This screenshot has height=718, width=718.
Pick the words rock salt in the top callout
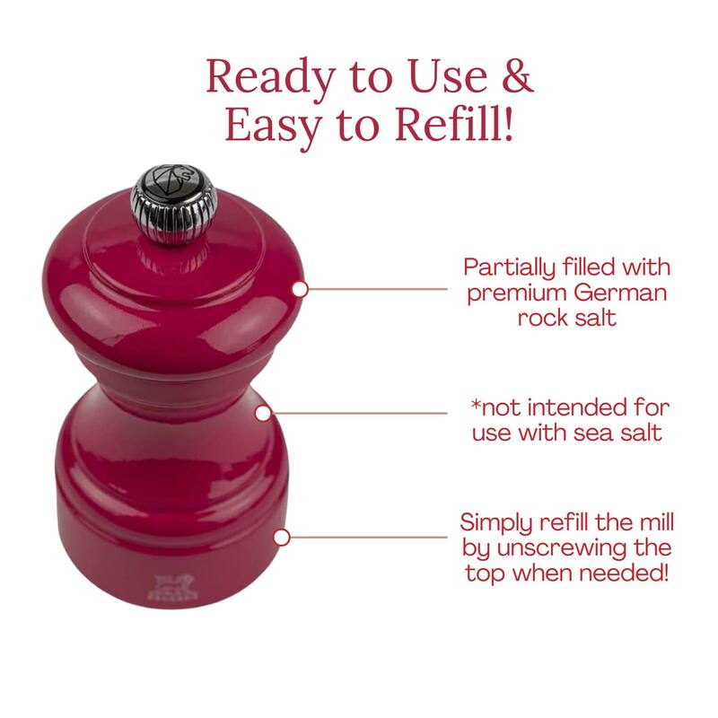567,318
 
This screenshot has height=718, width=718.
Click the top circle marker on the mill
301,288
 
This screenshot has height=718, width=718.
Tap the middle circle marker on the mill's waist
263,413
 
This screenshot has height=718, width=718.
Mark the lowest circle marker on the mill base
282,537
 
